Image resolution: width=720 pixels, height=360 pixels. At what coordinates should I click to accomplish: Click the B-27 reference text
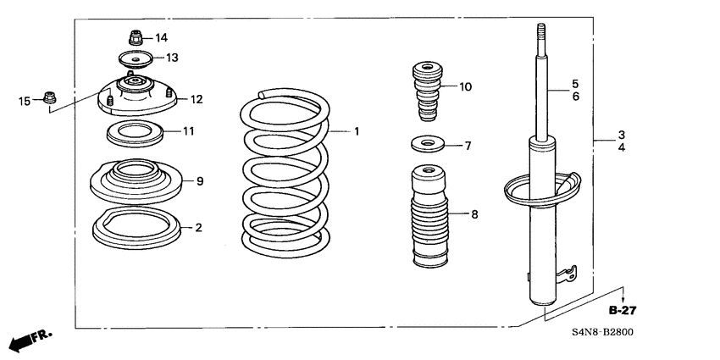(x=623, y=311)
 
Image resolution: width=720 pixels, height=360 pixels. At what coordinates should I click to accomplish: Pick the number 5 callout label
(x=574, y=84)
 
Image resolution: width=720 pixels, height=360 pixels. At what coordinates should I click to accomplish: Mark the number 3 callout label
(x=621, y=135)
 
